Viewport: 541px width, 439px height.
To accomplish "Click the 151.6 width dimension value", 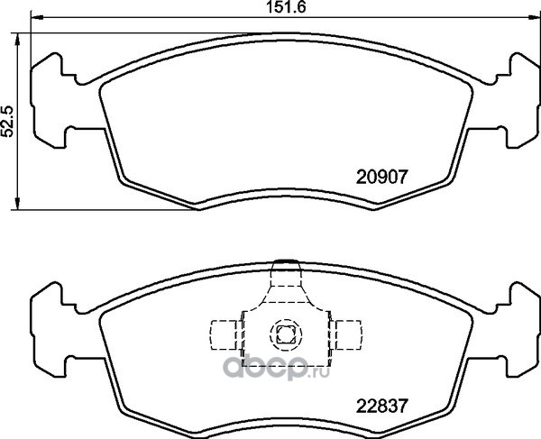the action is (x=286, y=7).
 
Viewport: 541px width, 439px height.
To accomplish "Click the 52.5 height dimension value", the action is (x=8, y=121).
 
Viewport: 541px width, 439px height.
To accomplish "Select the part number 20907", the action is (x=382, y=178).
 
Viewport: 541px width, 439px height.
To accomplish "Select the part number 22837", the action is (x=382, y=407).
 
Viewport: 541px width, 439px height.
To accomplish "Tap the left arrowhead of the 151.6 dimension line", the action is (x=37, y=17).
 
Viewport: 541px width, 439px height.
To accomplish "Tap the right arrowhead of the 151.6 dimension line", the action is (x=535, y=17).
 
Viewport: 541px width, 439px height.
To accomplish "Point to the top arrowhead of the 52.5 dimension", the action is (x=17, y=40).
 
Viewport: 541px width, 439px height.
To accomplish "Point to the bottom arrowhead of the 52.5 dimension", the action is (x=17, y=204).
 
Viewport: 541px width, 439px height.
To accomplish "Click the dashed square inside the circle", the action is (x=286, y=334).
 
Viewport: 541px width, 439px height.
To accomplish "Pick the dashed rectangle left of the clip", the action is (x=224, y=334).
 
